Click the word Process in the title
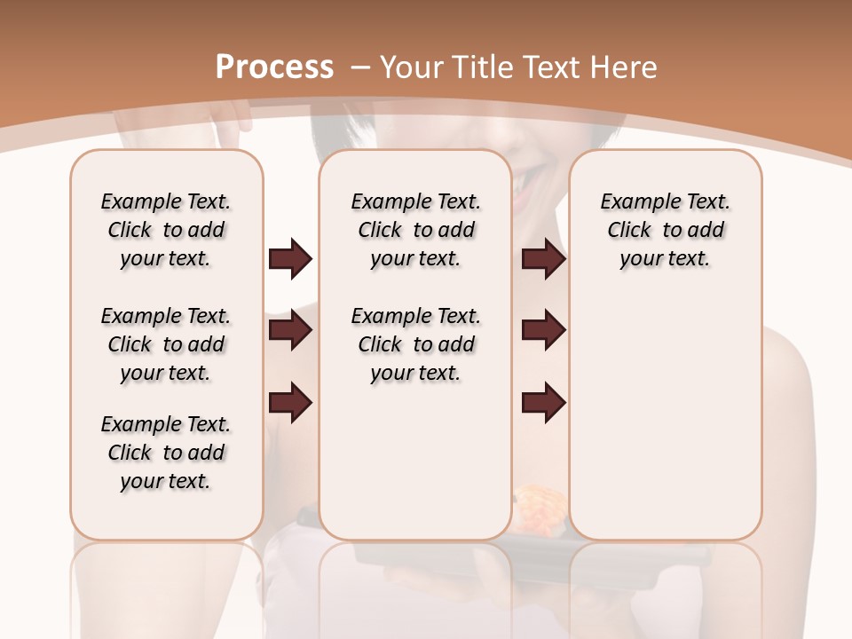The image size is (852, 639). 274,67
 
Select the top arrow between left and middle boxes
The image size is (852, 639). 290,259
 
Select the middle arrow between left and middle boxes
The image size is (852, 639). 290,330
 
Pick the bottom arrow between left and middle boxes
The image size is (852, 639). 290,402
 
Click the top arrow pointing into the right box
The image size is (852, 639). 543,259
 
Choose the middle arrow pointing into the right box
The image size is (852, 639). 543,330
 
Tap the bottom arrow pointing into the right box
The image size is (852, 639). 543,402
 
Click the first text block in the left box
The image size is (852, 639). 166,230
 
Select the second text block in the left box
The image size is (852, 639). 166,344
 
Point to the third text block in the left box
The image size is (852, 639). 166,453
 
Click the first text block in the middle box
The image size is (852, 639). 416,230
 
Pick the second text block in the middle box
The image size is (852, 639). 416,344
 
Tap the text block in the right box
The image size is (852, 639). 666,230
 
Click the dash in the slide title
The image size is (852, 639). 359,67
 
